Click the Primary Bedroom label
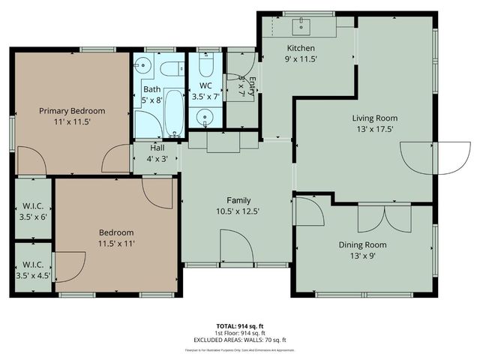(72, 111)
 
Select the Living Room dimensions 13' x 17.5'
(375, 129)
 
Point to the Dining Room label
(364, 244)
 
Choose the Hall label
(157, 148)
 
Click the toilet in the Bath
(169, 70)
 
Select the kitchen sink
(304, 28)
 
